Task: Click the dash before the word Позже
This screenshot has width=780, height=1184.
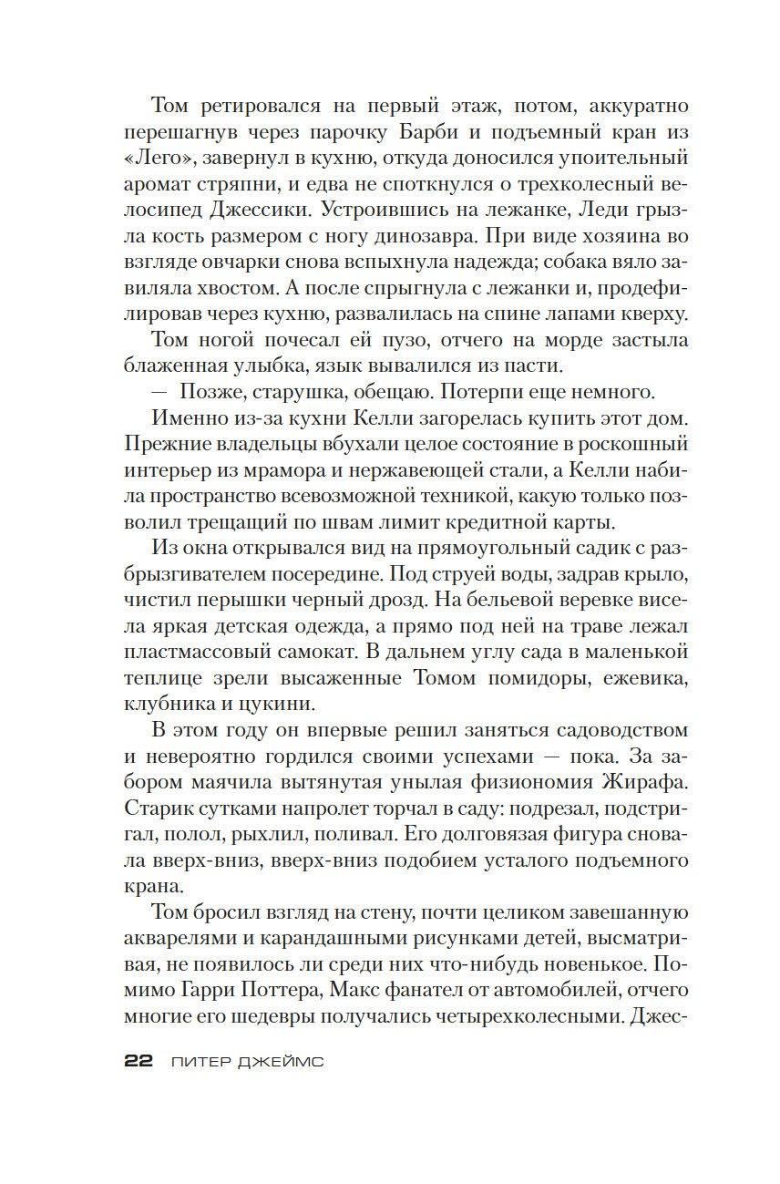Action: [x=160, y=393]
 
